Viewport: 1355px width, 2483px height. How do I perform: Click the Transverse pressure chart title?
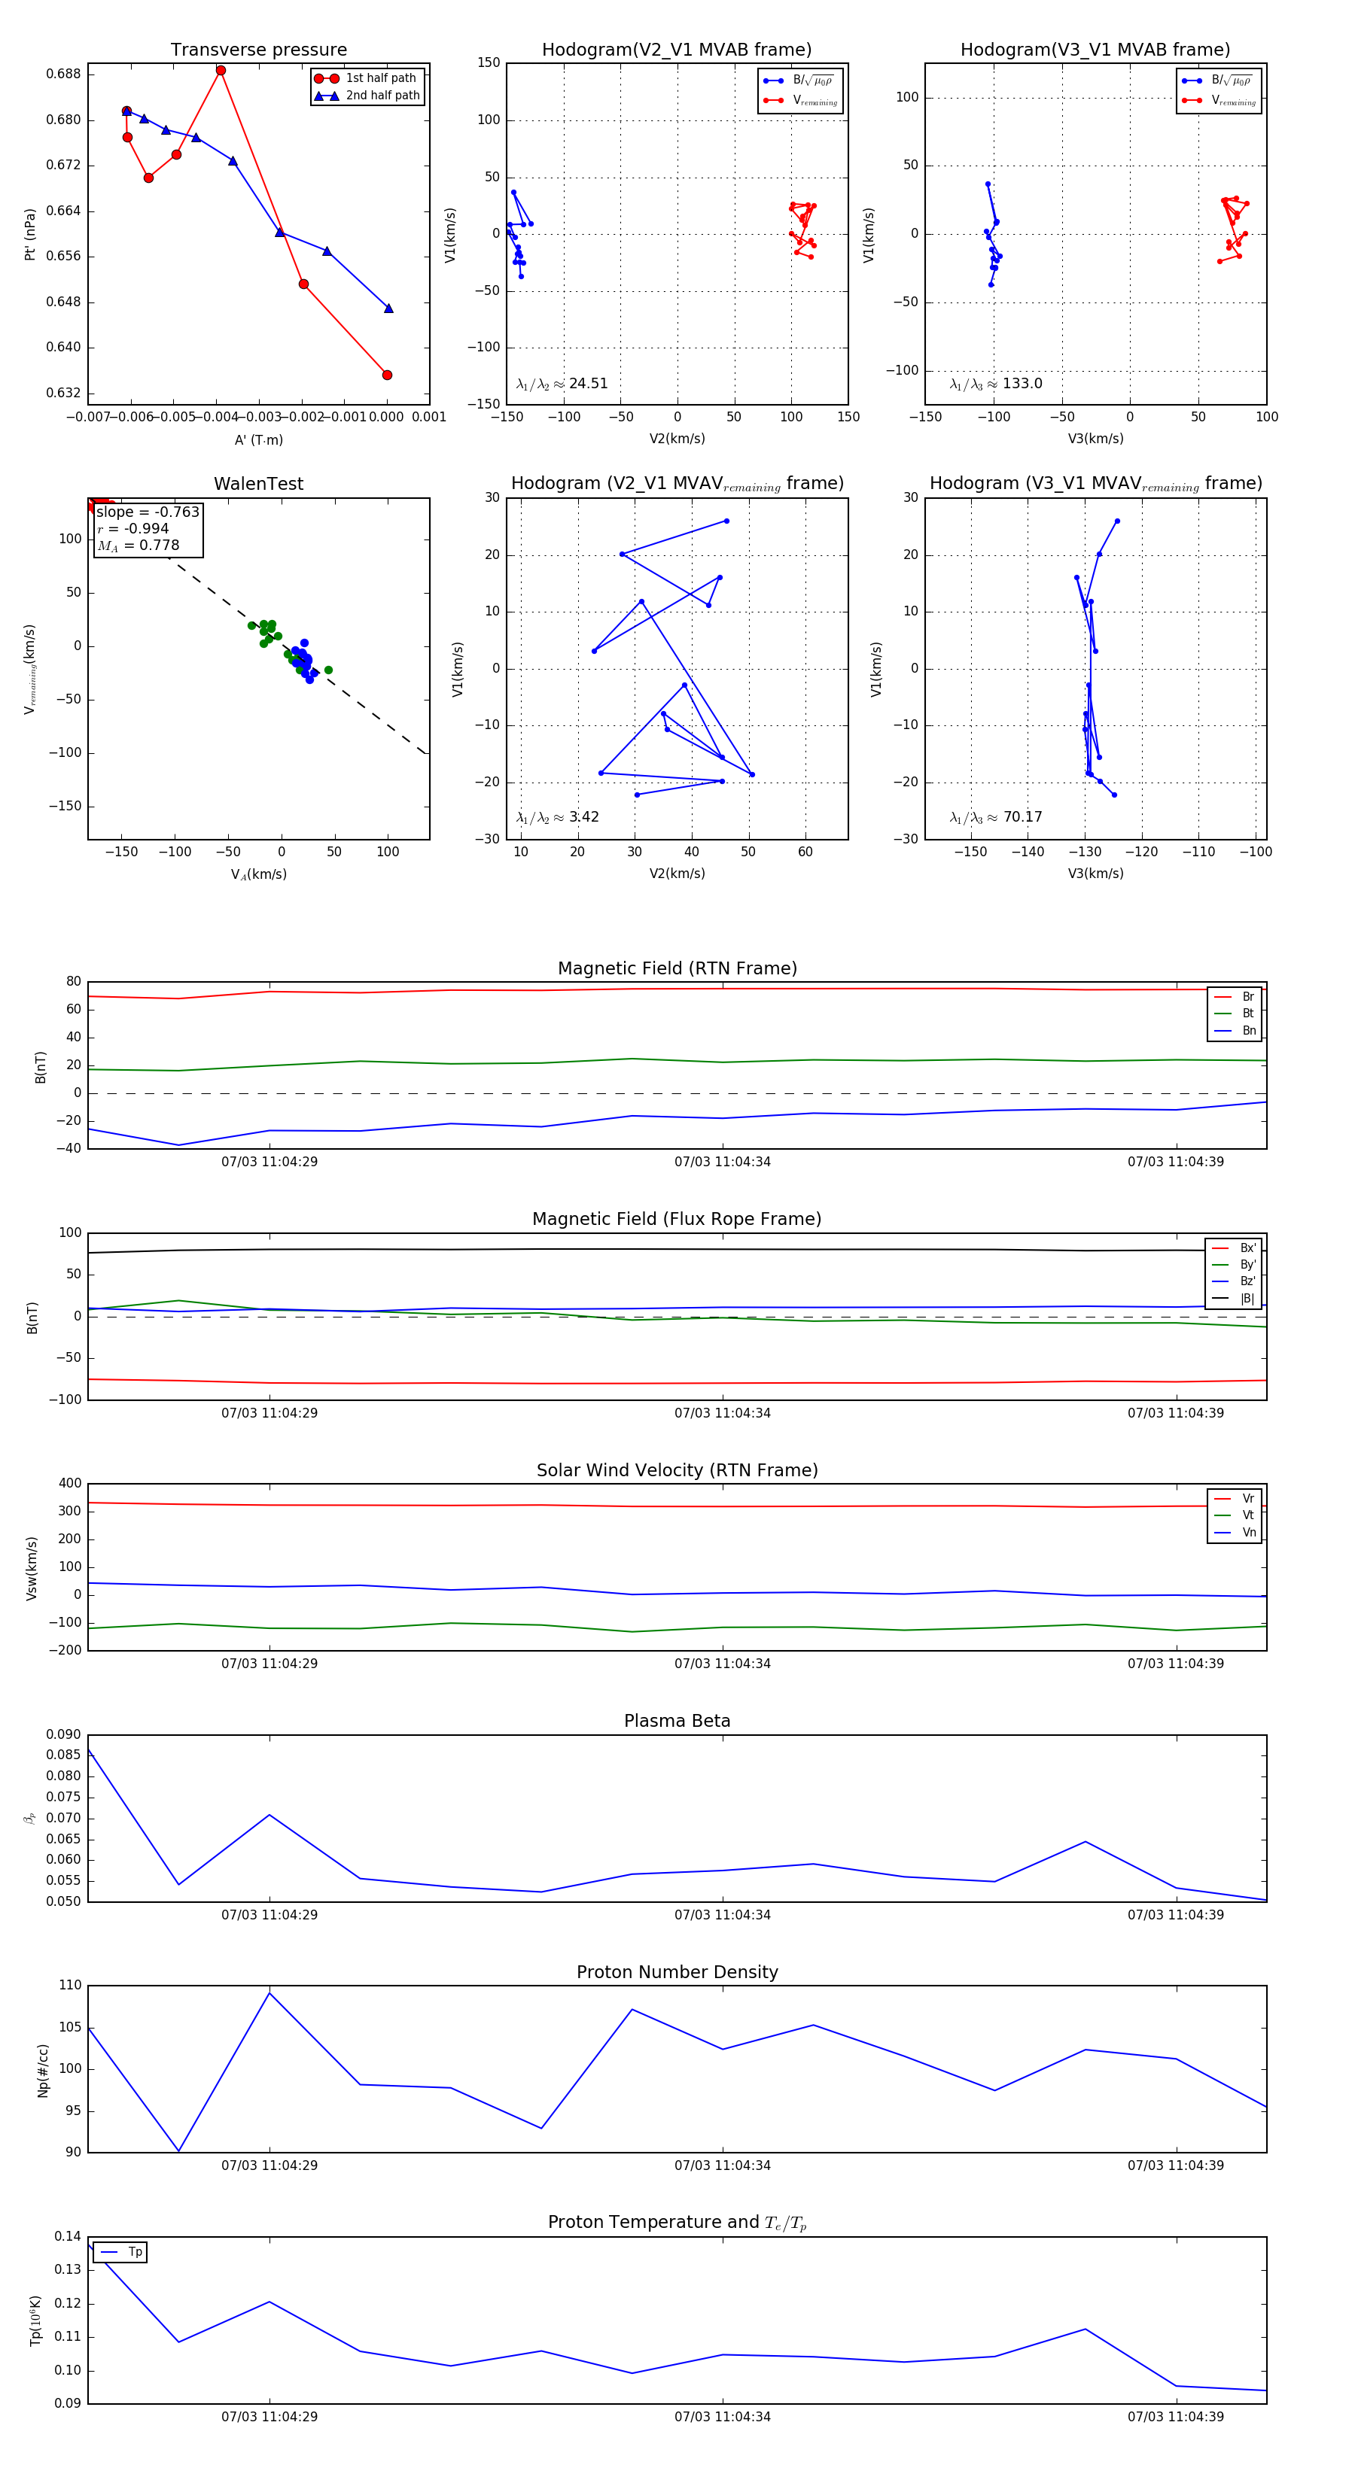tap(258, 50)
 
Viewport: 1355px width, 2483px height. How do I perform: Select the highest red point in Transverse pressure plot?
tap(221, 71)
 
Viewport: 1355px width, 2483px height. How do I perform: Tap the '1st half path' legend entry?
tap(380, 78)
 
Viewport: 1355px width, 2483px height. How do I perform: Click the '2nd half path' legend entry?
tap(382, 96)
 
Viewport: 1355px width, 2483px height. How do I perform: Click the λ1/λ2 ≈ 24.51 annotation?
tap(562, 384)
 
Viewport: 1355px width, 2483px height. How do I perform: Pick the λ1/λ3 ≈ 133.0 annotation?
tap(995, 384)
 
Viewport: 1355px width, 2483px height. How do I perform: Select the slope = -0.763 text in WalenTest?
tap(148, 512)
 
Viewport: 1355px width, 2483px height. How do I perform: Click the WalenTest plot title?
tap(258, 484)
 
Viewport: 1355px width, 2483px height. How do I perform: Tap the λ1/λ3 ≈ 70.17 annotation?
tap(995, 817)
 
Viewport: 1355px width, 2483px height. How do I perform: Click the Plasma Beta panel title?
tap(677, 1721)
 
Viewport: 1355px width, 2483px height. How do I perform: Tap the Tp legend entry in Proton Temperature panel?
tap(134, 2252)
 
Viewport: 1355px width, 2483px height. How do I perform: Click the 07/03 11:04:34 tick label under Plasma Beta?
tap(723, 1914)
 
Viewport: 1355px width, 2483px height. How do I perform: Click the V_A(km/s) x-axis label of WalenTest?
tap(258, 874)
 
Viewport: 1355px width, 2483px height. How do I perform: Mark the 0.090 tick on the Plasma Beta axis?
tap(64, 1734)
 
